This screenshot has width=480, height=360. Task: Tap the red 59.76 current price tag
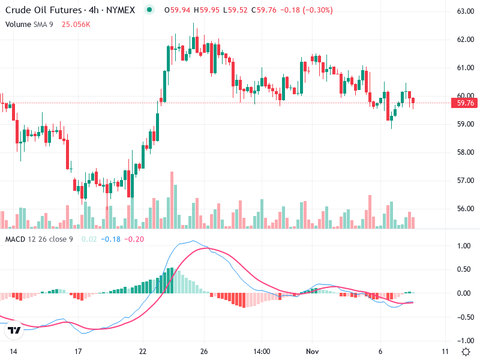pyautogui.click(x=466, y=103)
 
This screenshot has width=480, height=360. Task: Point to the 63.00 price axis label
pyautogui.click(x=466, y=11)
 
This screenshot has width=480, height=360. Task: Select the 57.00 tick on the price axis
pyautogui.click(x=466, y=181)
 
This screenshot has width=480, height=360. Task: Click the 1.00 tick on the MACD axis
pyautogui.click(x=463, y=246)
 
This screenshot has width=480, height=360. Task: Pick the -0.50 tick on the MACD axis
pyautogui.click(x=463, y=317)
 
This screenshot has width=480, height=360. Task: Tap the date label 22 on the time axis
pyautogui.click(x=143, y=351)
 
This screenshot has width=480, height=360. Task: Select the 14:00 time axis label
pyautogui.click(x=262, y=351)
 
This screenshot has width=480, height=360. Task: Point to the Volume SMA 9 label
pyautogui.click(x=29, y=24)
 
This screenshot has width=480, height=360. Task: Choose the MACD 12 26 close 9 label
pyautogui.click(x=39, y=239)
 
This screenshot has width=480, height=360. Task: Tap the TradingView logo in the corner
pyautogui.click(x=14, y=330)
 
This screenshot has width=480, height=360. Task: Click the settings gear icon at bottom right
pyautogui.click(x=466, y=351)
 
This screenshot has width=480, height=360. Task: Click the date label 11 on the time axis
pyautogui.click(x=445, y=351)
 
